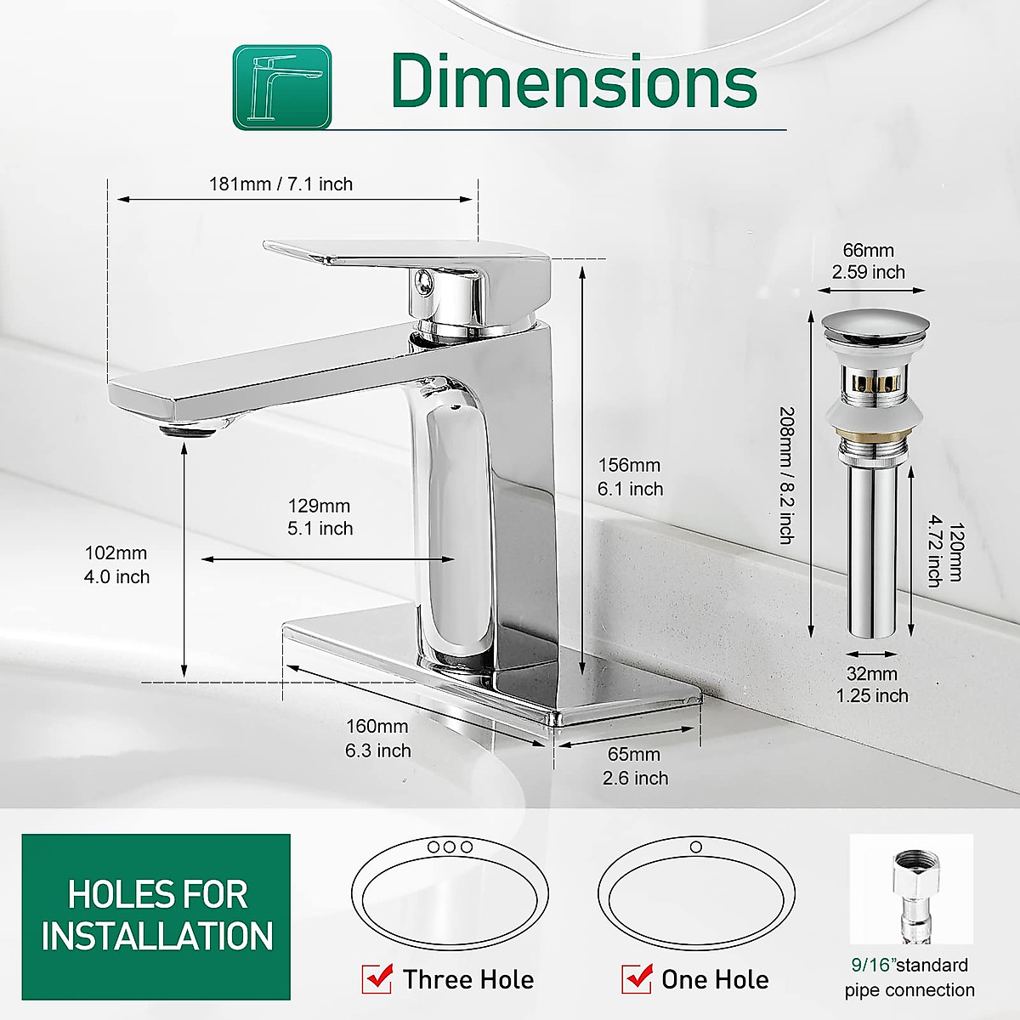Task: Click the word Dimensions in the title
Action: tap(574, 82)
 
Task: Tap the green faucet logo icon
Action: tap(282, 88)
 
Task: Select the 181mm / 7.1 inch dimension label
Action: tap(280, 184)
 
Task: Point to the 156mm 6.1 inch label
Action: tap(630, 477)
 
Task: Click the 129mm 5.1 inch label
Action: tap(320, 517)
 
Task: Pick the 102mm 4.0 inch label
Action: tap(116, 564)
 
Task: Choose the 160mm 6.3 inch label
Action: tap(377, 739)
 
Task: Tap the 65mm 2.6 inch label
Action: tap(635, 766)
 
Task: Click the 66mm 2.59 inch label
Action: tap(868, 261)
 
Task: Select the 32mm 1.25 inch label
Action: tap(872, 684)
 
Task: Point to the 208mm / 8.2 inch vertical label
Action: tap(787, 475)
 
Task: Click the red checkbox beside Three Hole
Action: tap(377, 979)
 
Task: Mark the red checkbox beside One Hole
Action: tap(637, 979)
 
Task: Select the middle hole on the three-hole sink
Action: tap(450, 847)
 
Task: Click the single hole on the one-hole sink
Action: tap(696, 847)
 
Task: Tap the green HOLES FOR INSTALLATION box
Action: tap(156, 916)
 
